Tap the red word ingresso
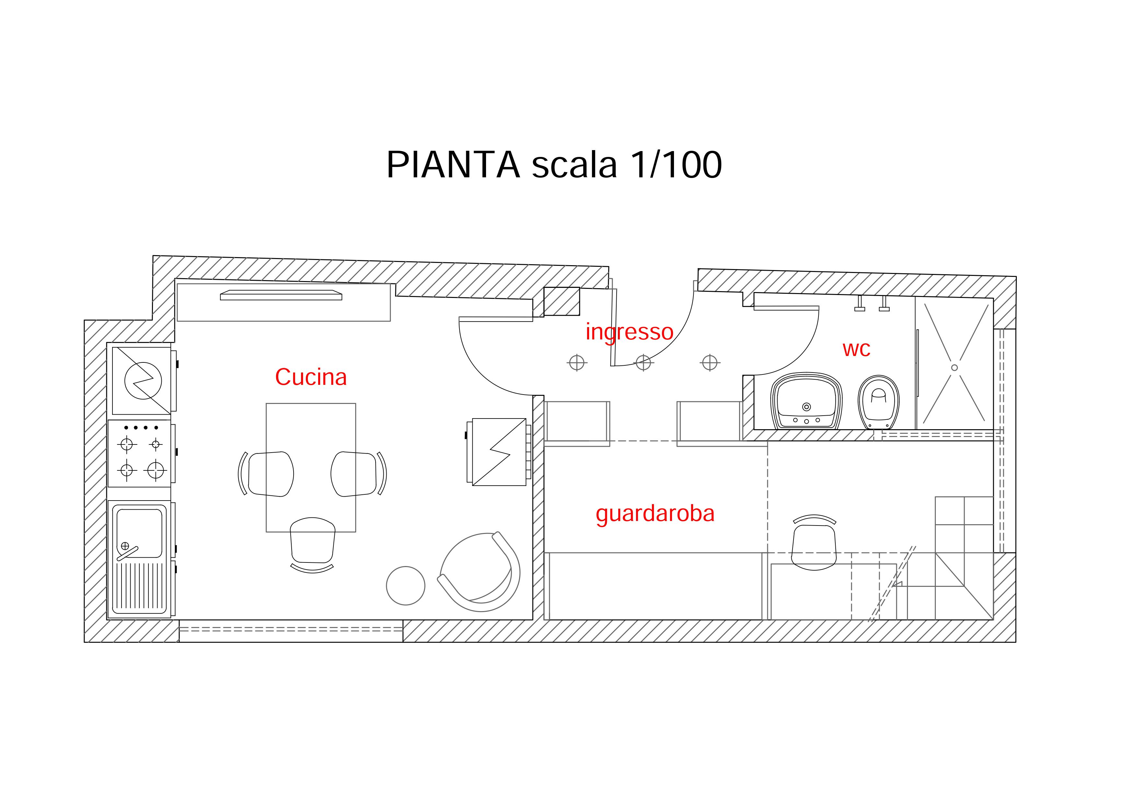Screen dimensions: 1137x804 coord(629,332)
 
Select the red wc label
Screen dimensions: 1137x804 coord(856,349)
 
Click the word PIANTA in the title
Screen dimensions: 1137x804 coord(453,165)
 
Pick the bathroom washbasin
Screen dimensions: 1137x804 coord(806,401)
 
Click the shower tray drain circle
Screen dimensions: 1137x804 coord(954,368)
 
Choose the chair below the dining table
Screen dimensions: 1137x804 coord(312,542)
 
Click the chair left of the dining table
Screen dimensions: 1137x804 coord(270,474)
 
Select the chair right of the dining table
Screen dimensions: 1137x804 coord(354,474)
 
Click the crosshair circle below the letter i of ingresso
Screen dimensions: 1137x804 coord(576,363)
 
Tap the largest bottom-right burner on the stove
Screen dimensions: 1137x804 coord(156,470)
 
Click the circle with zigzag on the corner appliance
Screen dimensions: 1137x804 coord(143,380)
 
